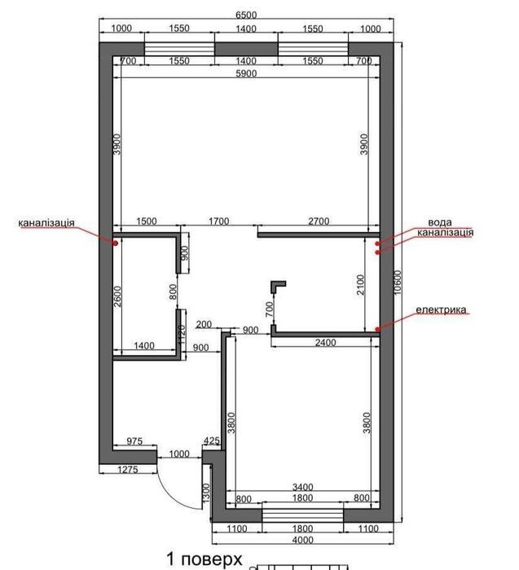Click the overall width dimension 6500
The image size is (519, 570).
(246, 15)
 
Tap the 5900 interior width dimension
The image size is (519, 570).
(246, 73)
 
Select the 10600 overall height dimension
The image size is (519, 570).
(398, 282)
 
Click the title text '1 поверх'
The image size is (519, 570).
(205, 559)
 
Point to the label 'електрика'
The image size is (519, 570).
(441, 309)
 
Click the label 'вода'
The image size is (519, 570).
(440, 222)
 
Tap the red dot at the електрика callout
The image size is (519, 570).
(377, 329)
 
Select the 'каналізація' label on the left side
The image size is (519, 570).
(46, 222)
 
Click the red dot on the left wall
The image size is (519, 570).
(115, 243)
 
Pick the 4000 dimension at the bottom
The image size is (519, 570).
(303, 540)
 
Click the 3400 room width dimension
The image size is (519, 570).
(303, 487)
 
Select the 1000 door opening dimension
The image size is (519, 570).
(179, 454)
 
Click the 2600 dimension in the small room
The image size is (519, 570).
(117, 296)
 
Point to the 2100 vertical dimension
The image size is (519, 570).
(360, 285)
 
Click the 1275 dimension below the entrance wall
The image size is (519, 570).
(128, 470)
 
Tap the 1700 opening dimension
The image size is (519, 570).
(218, 221)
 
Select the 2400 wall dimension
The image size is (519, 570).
(326, 343)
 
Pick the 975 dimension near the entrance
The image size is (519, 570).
(134, 441)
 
